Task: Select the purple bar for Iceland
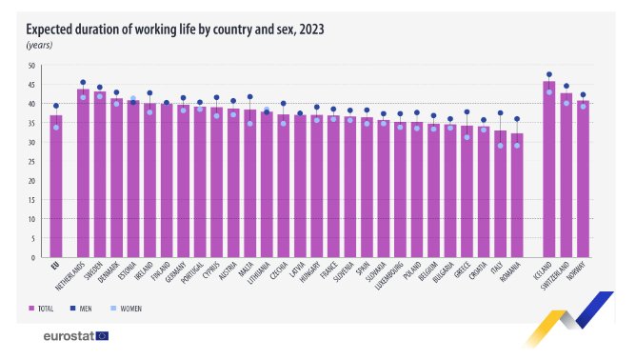pos(549,171)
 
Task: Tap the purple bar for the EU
pos(56,186)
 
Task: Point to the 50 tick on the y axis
pos(30,66)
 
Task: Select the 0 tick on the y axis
pos(32,257)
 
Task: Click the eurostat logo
pos(76,336)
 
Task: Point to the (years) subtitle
pos(39,45)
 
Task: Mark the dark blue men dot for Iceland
pos(549,74)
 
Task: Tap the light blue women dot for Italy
pos(500,146)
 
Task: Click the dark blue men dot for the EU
pos(56,106)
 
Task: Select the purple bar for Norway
pos(583,181)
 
